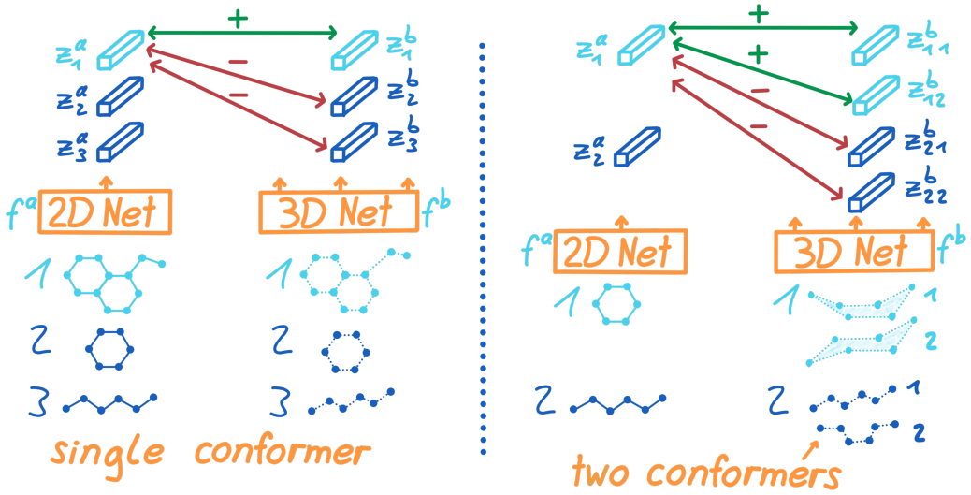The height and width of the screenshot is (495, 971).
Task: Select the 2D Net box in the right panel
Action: point(620,252)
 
